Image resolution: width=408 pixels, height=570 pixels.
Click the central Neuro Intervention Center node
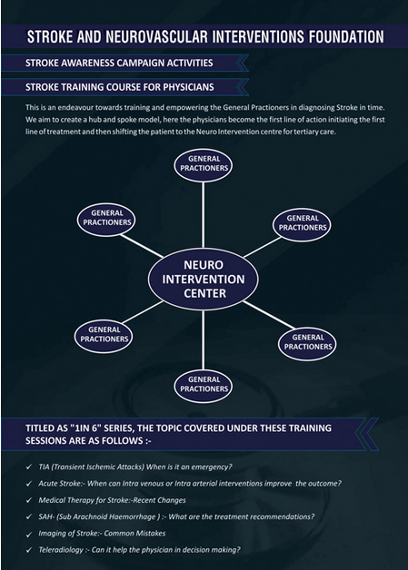coord(203,280)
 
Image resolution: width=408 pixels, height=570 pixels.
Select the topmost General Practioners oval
coord(203,165)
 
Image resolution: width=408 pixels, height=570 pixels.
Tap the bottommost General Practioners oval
coord(203,386)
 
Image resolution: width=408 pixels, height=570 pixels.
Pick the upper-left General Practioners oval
coord(106,220)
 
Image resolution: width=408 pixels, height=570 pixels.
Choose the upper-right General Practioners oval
coord(302,224)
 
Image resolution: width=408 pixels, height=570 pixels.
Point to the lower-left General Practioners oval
coord(104,336)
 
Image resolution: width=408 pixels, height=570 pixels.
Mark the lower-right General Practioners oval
coord(307,343)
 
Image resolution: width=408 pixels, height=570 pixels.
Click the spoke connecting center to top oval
coord(203,215)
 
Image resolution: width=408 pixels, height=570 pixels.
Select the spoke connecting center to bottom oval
coord(203,339)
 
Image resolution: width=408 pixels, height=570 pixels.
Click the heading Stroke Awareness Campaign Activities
coord(119,63)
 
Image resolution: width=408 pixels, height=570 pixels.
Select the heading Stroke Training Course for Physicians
coord(120,87)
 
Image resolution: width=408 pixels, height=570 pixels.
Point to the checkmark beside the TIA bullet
coord(29,467)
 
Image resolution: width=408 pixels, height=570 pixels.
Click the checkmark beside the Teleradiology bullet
coord(29,550)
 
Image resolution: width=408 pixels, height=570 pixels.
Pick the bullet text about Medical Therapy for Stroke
coord(112,500)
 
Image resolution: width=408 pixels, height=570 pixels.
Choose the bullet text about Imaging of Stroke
coord(102,534)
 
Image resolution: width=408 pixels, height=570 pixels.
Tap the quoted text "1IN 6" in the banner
coord(85,427)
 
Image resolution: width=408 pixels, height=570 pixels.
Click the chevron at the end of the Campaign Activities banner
coord(243,63)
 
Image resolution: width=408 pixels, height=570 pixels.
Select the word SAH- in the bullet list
coord(46,516)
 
